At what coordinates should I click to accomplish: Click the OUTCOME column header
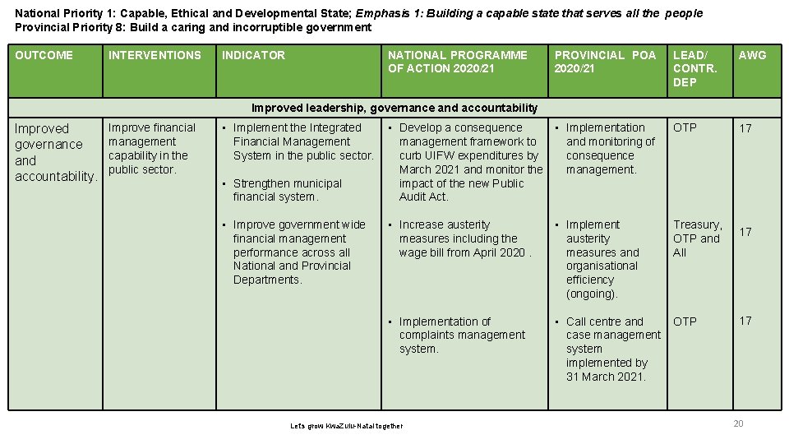click(x=44, y=55)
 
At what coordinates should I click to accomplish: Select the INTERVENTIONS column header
click(x=155, y=55)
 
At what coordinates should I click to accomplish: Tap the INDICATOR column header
click(x=253, y=55)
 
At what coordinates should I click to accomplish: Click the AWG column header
click(x=752, y=55)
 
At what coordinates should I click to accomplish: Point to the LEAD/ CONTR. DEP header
click(x=695, y=68)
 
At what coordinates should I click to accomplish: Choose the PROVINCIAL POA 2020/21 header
click(x=605, y=62)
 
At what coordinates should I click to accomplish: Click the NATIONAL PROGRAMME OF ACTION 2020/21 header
click(x=458, y=62)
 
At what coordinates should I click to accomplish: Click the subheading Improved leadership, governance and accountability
click(x=394, y=108)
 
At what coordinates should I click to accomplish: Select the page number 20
click(x=738, y=423)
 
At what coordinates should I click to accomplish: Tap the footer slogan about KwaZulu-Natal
click(x=347, y=426)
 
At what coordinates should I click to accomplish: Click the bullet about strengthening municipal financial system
click(x=287, y=190)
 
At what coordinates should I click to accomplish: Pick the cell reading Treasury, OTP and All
click(x=697, y=238)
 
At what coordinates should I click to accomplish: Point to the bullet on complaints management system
click(x=461, y=335)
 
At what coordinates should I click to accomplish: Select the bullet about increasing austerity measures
click(x=465, y=238)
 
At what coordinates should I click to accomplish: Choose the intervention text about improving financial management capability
click(x=152, y=149)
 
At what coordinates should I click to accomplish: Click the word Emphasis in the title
click(x=382, y=13)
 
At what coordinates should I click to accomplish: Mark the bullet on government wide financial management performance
click(x=298, y=252)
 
